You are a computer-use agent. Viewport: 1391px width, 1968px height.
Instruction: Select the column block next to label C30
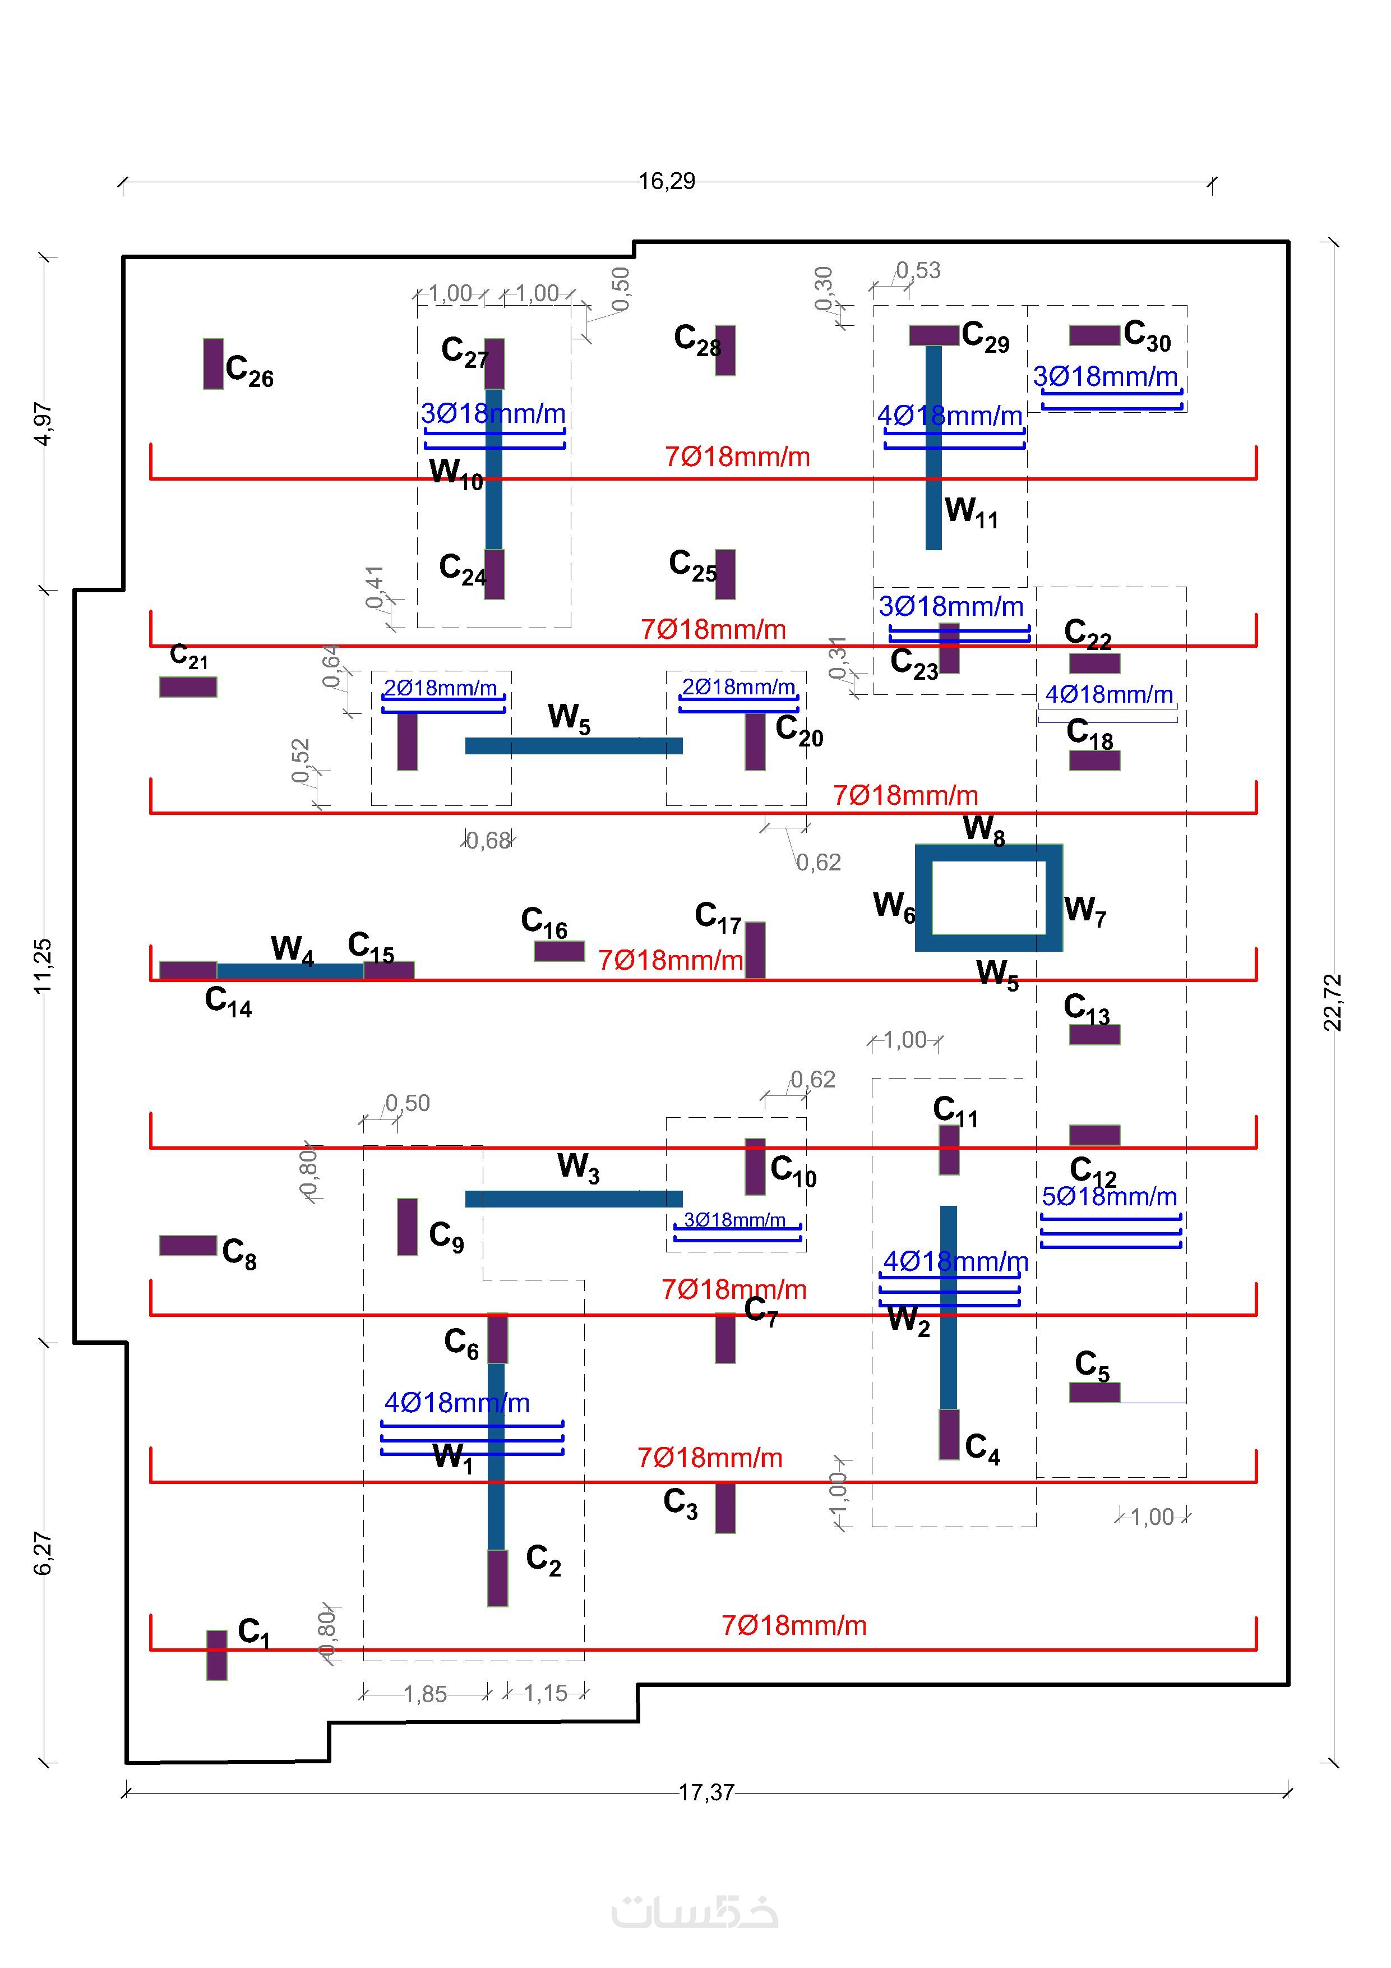click(1094, 335)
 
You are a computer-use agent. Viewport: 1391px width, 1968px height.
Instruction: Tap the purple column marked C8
click(188, 1246)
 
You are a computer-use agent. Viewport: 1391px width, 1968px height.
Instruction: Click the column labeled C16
click(559, 951)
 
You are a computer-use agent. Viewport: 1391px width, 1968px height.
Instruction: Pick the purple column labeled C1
click(217, 1654)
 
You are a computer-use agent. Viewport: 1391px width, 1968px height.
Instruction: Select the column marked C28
click(725, 350)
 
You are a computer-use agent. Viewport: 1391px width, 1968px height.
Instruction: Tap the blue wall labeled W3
click(574, 1199)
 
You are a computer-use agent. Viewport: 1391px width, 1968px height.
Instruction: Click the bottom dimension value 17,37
click(706, 1792)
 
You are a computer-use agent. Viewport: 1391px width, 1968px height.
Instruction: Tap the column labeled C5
click(1094, 1392)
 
